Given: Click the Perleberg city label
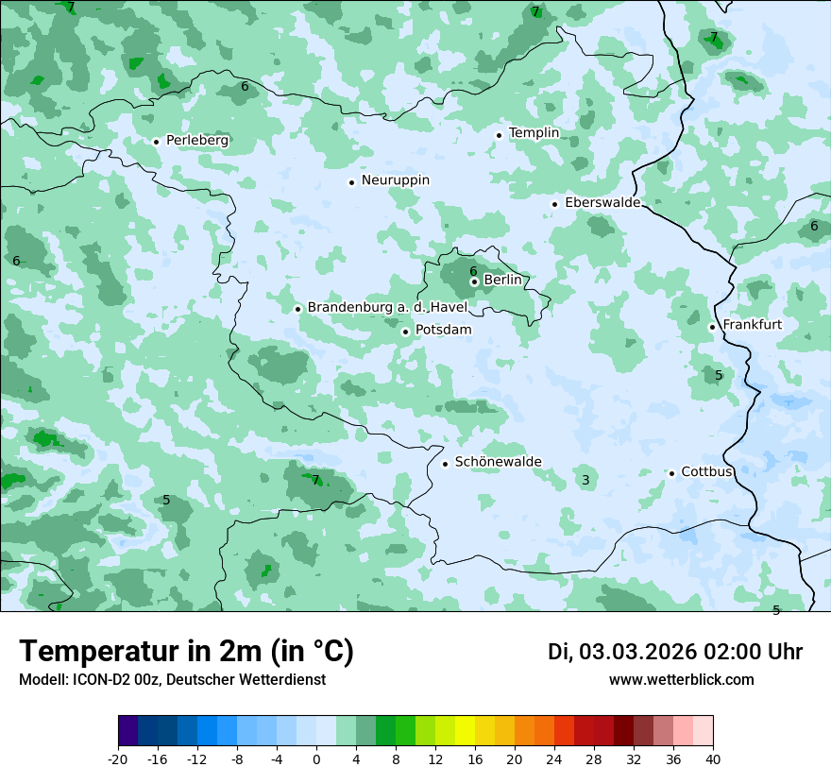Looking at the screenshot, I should tap(196, 141).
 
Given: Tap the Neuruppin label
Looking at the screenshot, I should tap(395, 180).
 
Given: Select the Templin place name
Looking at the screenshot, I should tap(534, 133).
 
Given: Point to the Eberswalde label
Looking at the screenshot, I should tap(602, 203).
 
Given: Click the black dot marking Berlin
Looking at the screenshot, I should tap(474, 281).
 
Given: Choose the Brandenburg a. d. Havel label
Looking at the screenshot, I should tap(387, 308).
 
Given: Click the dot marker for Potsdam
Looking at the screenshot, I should tap(405, 332).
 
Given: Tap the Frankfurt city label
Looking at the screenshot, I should tap(752, 325).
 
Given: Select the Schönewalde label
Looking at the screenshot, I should tap(498, 462).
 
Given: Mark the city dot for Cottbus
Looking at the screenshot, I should tap(671, 473).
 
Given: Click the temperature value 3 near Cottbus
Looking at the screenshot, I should tap(585, 481).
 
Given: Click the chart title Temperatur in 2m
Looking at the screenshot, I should tap(186, 652).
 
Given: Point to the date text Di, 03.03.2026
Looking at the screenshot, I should tap(621, 652).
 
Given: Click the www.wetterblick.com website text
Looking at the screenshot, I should tap(681, 680).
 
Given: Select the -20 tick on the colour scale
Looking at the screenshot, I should tap(118, 758).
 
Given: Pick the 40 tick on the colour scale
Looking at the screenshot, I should tap(713, 758).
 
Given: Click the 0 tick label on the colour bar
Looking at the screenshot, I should tap(316, 758).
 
